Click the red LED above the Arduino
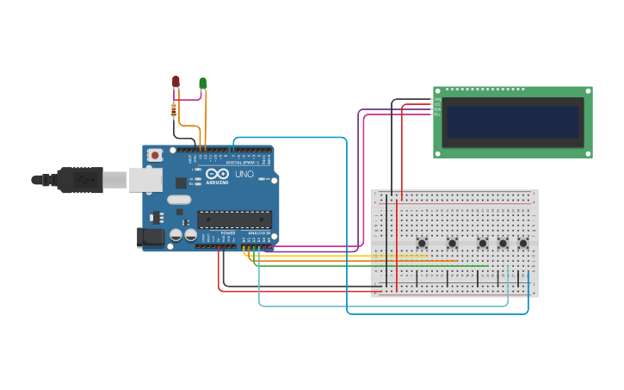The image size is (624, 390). [x=176, y=82]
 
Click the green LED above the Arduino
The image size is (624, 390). [x=203, y=84]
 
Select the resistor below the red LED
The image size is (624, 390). [x=174, y=110]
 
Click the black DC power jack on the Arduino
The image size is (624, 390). [x=151, y=237]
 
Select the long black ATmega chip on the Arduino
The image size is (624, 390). [x=234, y=220]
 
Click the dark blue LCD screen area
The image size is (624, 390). [x=512, y=122]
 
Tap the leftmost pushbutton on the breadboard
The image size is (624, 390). [x=422, y=244]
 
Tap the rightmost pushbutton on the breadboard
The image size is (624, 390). [x=522, y=244]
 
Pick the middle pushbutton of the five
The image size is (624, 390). [x=482, y=244]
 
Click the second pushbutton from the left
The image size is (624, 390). [x=452, y=244]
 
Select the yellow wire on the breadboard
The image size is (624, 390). [x=344, y=256]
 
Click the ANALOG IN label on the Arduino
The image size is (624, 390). [x=258, y=233]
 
